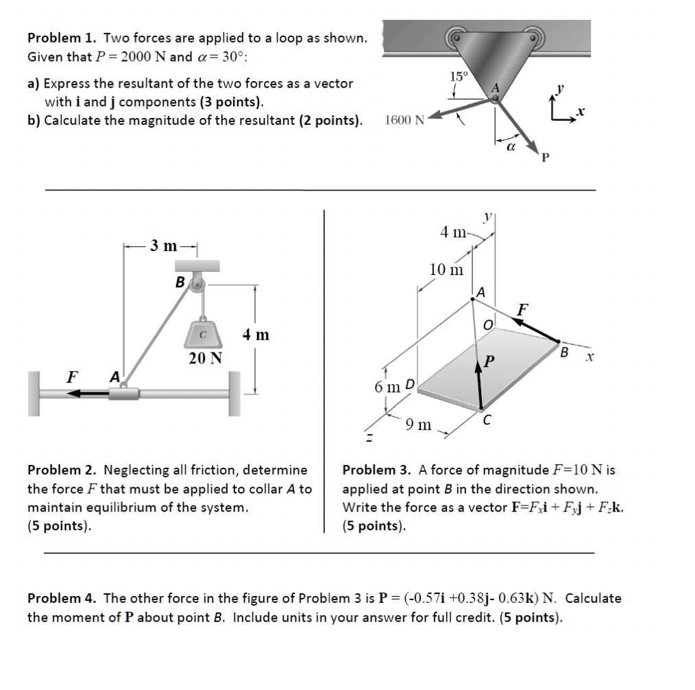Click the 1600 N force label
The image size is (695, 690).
(x=404, y=121)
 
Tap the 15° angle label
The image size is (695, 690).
(x=457, y=76)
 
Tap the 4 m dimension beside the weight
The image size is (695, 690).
(x=256, y=335)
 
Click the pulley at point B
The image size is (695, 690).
(x=197, y=282)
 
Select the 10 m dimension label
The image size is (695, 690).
(x=446, y=270)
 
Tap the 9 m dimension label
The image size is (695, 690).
(x=418, y=425)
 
